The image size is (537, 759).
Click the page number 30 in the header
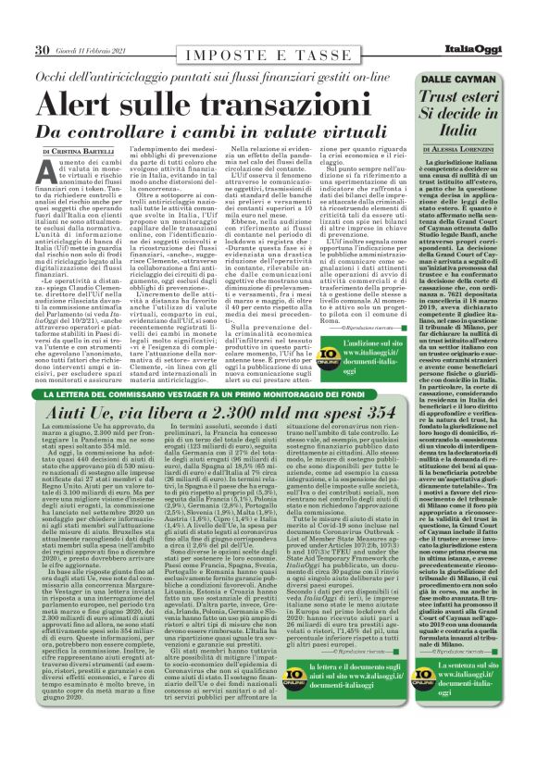click(42, 50)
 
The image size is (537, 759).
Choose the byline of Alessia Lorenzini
click(468, 148)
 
